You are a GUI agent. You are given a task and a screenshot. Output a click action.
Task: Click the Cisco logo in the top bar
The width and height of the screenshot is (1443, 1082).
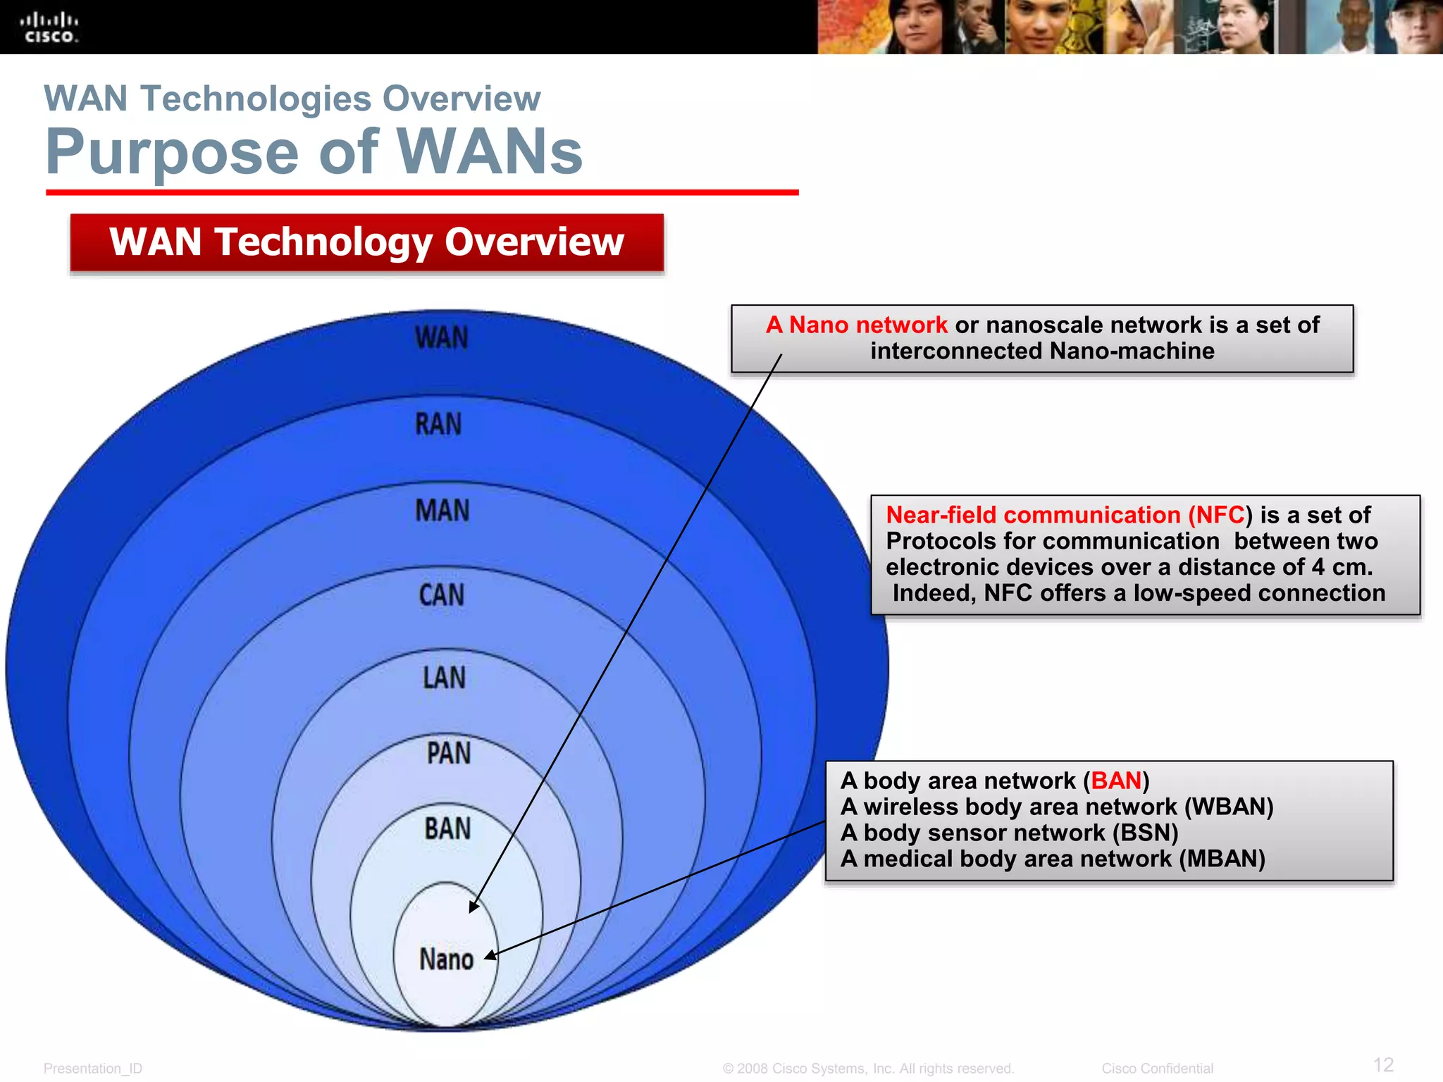click(x=49, y=27)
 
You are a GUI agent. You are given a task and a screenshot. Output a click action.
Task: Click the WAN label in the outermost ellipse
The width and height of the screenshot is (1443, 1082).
click(x=442, y=338)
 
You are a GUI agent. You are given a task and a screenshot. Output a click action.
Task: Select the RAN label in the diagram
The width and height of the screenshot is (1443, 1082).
click(x=438, y=425)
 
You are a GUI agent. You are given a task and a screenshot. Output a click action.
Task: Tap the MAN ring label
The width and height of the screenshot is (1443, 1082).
click(x=442, y=511)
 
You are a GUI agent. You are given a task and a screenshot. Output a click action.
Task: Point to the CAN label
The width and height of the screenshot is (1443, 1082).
click(x=442, y=595)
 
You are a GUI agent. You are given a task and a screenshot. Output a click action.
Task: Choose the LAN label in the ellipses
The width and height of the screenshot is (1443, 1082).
click(x=444, y=678)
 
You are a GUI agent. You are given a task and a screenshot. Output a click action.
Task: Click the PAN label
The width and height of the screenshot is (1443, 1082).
click(x=448, y=754)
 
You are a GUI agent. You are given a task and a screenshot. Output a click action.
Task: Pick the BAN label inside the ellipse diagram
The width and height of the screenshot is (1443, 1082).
click(x=447, y=829)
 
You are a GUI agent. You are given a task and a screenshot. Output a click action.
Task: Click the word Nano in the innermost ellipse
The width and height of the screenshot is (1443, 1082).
click(x=446, y=959)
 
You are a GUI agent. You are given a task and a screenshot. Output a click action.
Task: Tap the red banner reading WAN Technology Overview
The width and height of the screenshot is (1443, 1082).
click(x=366, y=242)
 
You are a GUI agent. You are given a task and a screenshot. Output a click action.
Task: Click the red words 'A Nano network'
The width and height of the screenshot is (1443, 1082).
click(x=856, y=325)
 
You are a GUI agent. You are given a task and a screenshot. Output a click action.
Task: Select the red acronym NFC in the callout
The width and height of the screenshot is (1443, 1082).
click(x=1220, y=515)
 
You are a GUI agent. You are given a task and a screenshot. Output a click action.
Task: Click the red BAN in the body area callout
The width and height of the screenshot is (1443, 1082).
click(x=1115, y=781)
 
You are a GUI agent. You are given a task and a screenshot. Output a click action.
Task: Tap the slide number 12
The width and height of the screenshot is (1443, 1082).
click(x=1383, y=1064)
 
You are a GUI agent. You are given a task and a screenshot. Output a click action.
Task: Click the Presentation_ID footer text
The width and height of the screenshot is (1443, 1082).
click(x=92, y=1069)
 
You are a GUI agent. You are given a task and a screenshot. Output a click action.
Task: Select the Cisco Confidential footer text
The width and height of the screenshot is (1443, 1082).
click(x=1157, y=1069)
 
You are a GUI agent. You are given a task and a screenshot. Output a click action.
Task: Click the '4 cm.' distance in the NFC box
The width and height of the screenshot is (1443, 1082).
click(x=1342, y=567)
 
